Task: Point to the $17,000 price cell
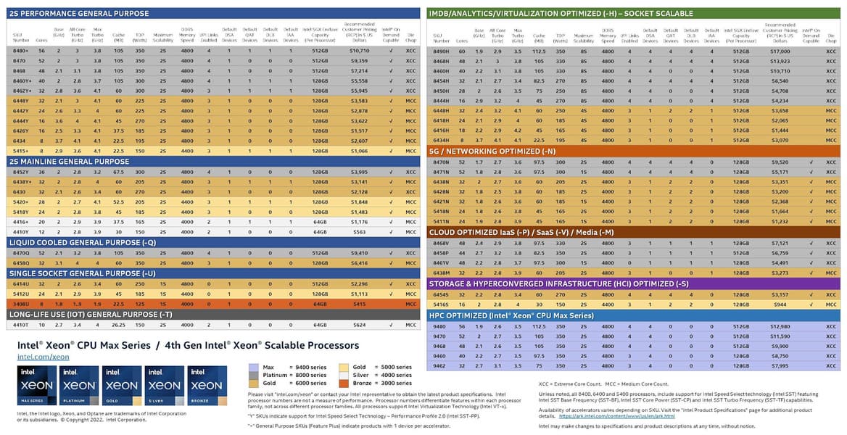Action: pos(780,51)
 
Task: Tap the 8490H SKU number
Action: pos(442,51)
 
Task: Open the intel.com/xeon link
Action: pos(44,356)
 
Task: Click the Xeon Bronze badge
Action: pos(207,385)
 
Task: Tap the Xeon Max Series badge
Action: pos(37,385)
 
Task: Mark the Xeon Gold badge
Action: pos(122,385)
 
